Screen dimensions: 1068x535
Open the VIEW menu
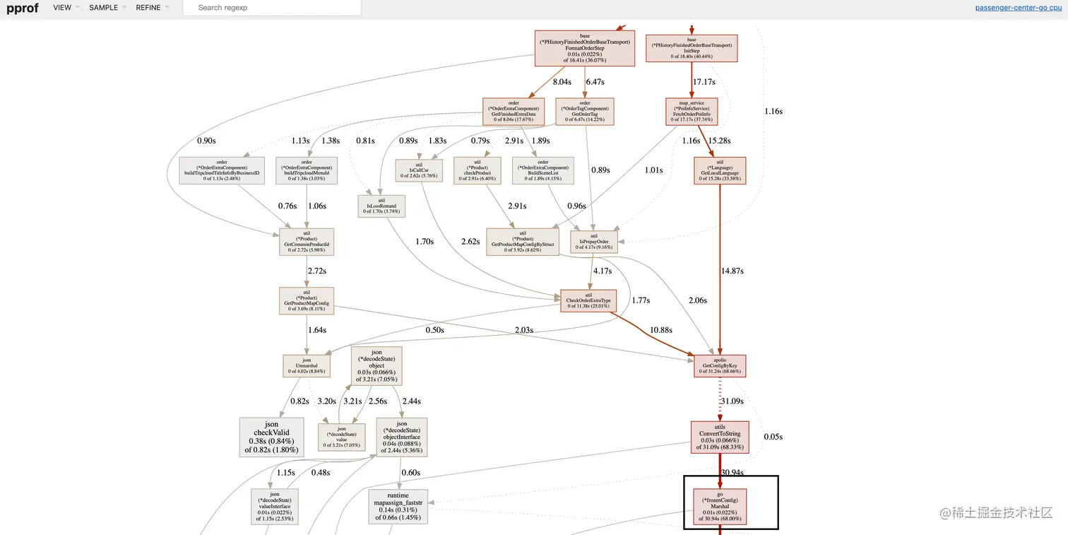pyautogui.click(x=62, y=8)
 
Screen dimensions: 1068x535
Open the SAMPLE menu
pyautogui.click(x=103, y=8)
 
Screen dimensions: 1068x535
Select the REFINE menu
pyautogui.click(x=148, y=8)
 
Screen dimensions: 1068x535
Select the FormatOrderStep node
pyautogui.click(x=584, y=48)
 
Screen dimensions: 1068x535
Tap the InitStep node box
pyautogui.click(x=691, y=48)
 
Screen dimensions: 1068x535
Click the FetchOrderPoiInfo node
pyautogui.click(x=691, y=112)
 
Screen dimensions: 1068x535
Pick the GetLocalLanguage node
pyautogui.click(x=720, y=170)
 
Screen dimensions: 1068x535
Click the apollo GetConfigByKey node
pyautogui.click(x=720, y=365)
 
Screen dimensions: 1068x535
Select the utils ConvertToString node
pyautogui.click(x=719, y=436)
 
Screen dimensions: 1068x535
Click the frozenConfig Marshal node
pyautogui.click(x=719, y=506)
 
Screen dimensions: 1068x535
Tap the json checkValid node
pyautogui.click(x=272, y=437)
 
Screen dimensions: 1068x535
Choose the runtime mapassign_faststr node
pyautogui.click(x=398, y=506)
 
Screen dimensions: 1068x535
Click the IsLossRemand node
pyautogui.click(x=381, y=206)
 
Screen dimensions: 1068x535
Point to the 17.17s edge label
pyautogui.click(x=704, y=82)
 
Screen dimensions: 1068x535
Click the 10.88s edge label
pyautogui.click(x=660, y=330)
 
